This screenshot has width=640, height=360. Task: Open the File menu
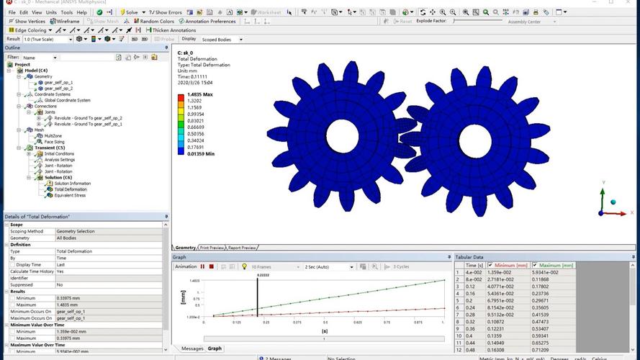pos(12,12)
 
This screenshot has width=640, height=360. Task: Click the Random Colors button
pos(155,22)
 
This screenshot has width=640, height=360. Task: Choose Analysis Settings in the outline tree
pos(64,159)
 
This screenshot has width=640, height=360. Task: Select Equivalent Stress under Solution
pos(70,194)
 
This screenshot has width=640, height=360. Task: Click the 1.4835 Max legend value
pos(199,94)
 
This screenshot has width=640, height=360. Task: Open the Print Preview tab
pos(212,248)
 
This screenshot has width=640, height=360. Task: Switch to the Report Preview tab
pos(243,248)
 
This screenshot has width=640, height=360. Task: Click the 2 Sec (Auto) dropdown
pos(329,267)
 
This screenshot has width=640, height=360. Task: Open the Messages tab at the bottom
pos(192,348)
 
